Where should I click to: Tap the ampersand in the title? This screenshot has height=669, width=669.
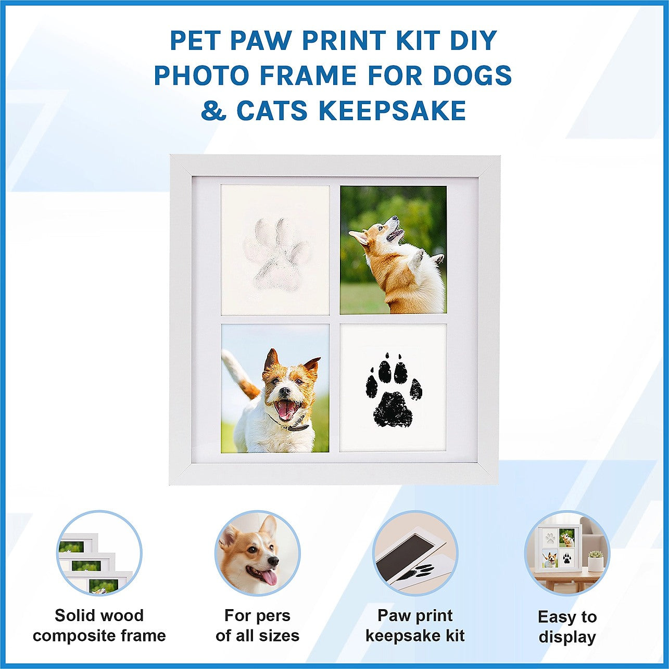[213, 110]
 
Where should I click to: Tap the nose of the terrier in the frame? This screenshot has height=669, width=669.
[285, 391]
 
